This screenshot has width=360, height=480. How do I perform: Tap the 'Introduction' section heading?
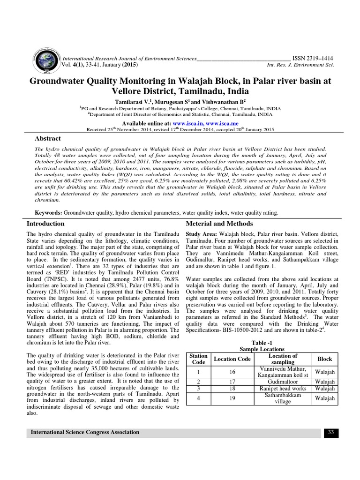(x=45, y=224)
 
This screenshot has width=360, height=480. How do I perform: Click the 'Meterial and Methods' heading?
(x=219, y=224)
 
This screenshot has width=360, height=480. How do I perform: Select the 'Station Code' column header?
(x=199, y=359)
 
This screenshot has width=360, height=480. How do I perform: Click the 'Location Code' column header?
(x=232, y=359)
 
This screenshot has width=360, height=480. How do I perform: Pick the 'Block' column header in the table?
(x=324, y=359)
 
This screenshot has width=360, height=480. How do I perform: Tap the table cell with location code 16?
(x=232, y=372)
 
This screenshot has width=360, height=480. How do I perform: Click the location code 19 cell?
(x=232, y=398)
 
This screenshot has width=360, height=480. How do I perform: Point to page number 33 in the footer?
(x=330, y=432)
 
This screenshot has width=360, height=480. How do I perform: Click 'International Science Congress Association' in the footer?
(x=85, y=432)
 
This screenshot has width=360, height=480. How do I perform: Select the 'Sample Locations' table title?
(x=262, y=349)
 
